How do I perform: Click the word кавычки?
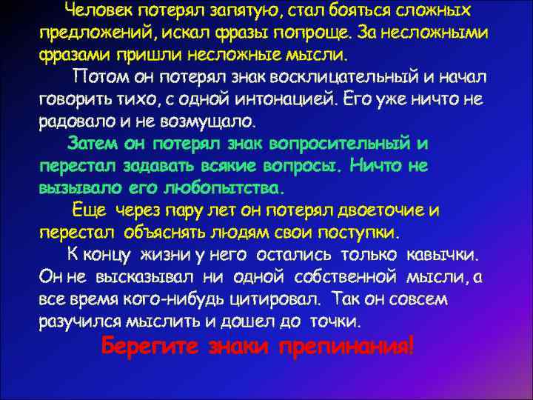440,255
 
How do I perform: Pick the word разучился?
79,321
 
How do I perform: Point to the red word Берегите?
149,346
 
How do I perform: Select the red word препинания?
346,346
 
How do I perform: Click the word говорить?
76,99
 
